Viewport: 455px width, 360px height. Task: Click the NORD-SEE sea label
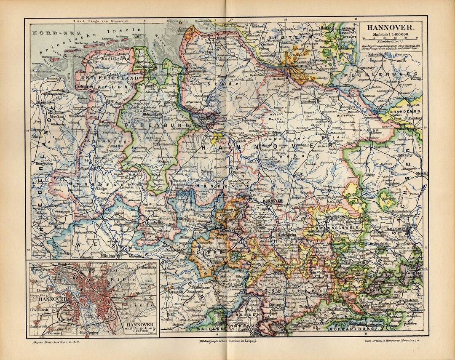click(50, 33)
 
